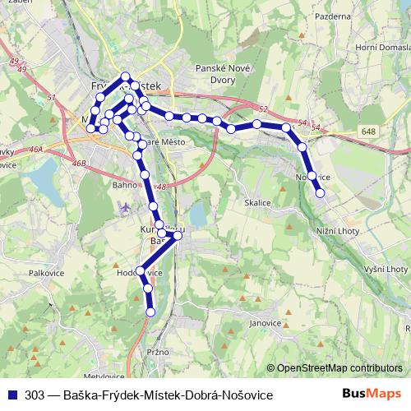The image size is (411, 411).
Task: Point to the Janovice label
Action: click(265, 323)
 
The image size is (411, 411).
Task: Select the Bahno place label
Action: click(125, 186)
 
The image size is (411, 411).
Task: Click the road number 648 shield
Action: click(367, 132)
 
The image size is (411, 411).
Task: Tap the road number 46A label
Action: click(36, 149)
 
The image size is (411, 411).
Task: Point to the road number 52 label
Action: click(262, 109)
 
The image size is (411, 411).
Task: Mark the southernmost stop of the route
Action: click(150, 312)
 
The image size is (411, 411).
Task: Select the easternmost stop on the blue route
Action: click(321, 193)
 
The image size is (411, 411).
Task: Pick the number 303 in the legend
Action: click(34, 395)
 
